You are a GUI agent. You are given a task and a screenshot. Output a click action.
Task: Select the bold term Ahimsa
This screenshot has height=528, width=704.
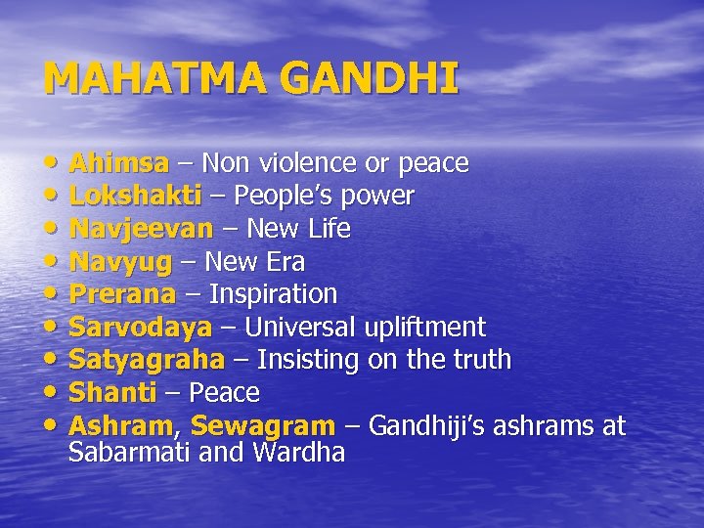point(118,162)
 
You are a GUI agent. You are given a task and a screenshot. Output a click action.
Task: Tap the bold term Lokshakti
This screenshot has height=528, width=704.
point(135,196)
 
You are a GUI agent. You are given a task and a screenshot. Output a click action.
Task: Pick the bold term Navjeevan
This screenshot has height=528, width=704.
point(141,229)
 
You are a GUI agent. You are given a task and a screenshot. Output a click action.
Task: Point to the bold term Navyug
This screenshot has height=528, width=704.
point(120,262)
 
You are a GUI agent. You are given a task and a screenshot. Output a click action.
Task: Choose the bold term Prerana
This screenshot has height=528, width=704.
point(122,294)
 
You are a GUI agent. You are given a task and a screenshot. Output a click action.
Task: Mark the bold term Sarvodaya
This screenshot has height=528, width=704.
point(140,328)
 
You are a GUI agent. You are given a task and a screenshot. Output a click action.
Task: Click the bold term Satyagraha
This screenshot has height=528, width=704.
point(147,360)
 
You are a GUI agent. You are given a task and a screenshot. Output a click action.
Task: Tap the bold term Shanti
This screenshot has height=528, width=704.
point(112,393)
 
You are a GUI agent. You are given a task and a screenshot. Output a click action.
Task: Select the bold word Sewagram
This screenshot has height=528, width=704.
point(263,426)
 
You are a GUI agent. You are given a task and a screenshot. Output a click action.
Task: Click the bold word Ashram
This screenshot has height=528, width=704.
point(121,426)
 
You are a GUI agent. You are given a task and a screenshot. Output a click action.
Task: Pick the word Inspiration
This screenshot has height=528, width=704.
point(273,294)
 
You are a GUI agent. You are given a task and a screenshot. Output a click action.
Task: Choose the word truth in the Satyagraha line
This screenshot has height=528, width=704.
point(480,360)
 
